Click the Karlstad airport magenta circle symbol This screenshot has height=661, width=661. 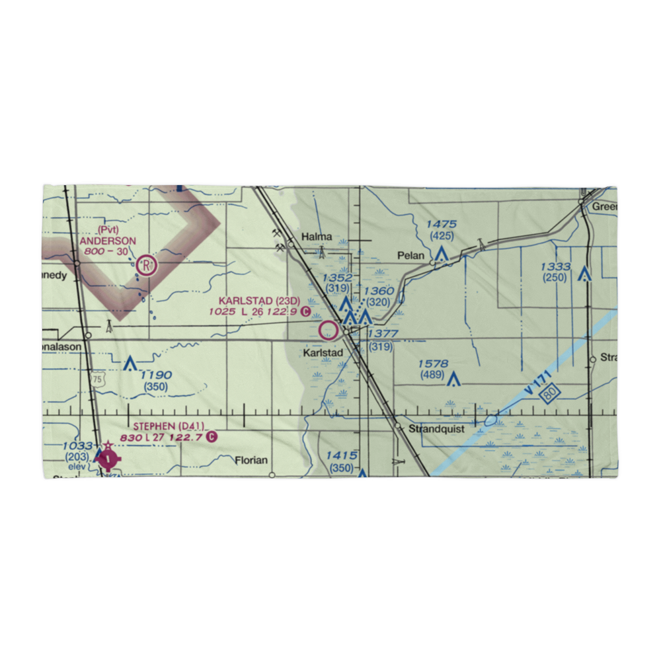pyautogui.click(x=329, y=329)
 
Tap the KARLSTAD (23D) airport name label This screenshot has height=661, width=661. pyautogui.click(x=255, y=301)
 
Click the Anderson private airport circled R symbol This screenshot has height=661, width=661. pyautogui.click(x=146, y=266)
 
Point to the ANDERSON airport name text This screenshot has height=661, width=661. pyautogui.click(x=108, y=241)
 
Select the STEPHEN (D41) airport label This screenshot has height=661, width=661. pyautogui.click(x=169, y=426)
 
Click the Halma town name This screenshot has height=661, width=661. pyautogui.click(x=315, y=237)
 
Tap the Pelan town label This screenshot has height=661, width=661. pyautogui.click(x=410, y=254)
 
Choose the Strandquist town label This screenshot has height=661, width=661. pyautogui.click(x=436, y=428)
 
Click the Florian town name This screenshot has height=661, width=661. pyautogui.click(x=252, y=460)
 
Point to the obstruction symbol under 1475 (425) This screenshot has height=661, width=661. pyautogui.click(x=442, y=253)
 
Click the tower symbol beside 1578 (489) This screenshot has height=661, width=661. pyautogui.click(x=453, y=379)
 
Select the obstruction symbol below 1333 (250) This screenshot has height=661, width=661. pyautogui.click(x=584, y=273)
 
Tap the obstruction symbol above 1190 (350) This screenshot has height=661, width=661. pyautogui.click(x=130, y=362)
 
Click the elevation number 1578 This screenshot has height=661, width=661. pyautogui.click(x=433, y=364)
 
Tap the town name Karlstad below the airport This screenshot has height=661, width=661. pyautogui.click(x=323, y=353)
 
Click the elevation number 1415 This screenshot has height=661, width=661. pyautogui.click(x=342, y=455)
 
